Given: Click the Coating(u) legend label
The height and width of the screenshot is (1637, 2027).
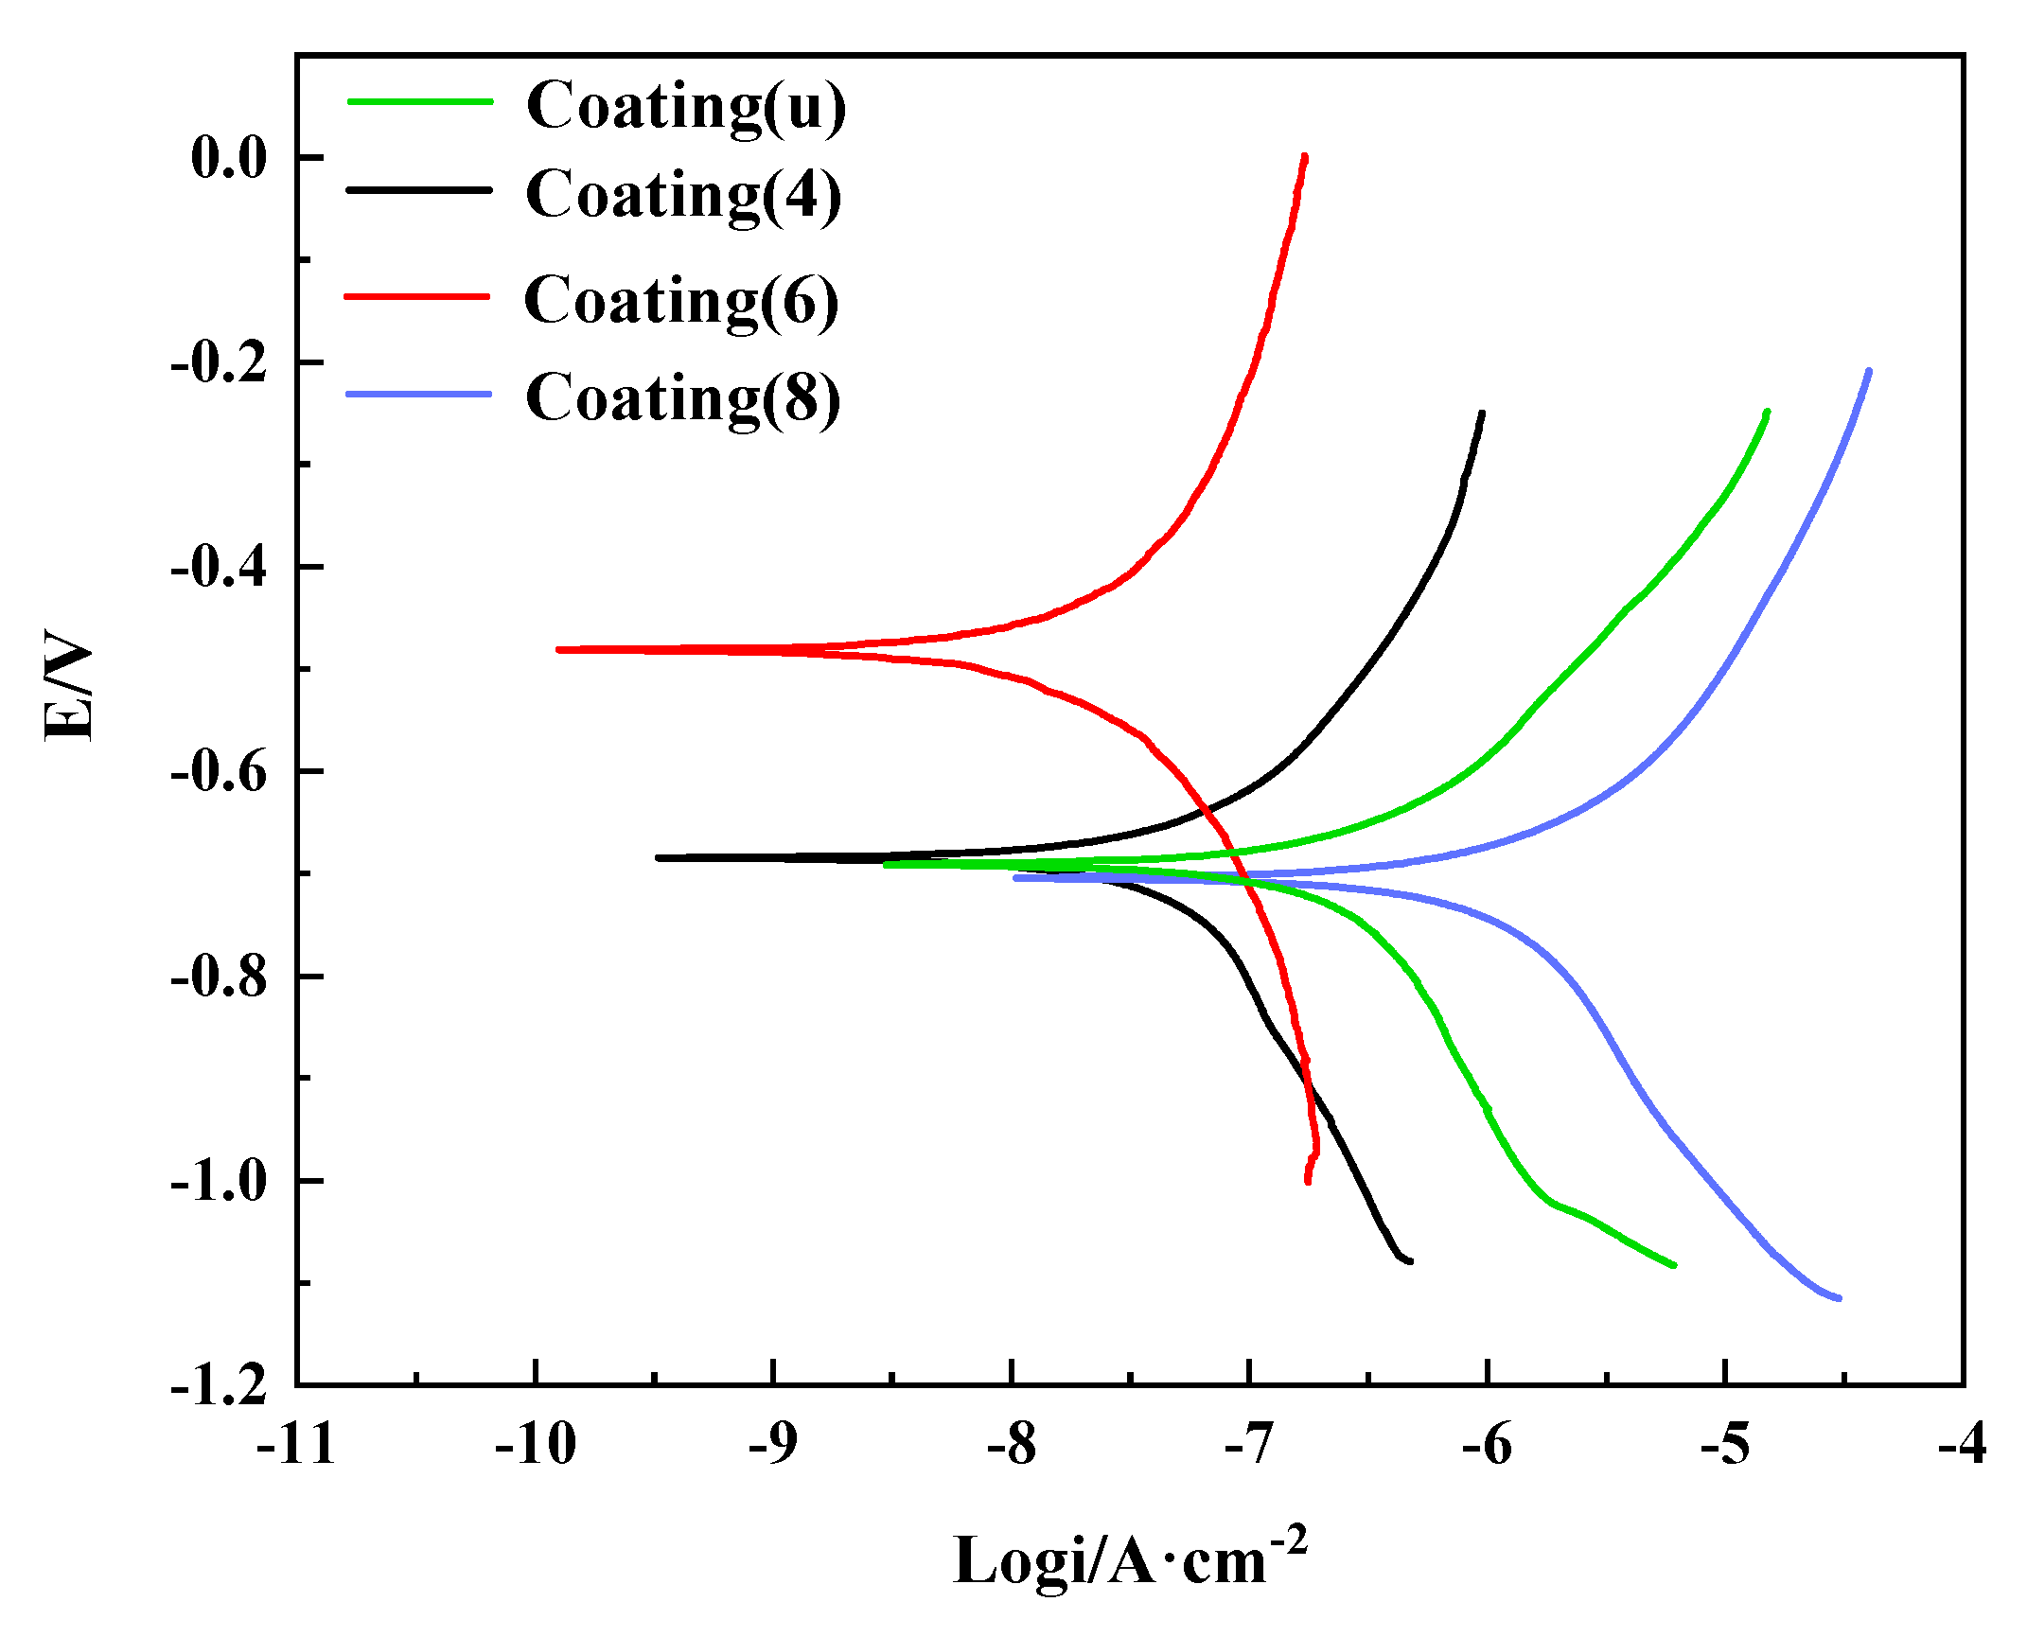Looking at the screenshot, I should pyautogui.click(x=686, y=106).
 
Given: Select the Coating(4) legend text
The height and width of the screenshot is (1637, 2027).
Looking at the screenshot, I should pyautogui.click(x=683, y=195).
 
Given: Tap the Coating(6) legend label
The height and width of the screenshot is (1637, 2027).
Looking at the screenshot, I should pyautogui.click(x=681, y=301).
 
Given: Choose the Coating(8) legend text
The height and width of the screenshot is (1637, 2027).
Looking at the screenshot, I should pyautogui.click(x=683, y=397).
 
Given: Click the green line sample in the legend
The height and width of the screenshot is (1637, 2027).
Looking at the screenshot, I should pyautogui.click(x=420, y=101).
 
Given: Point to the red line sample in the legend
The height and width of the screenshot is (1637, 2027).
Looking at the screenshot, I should pyautogui.click(x=417, y=296).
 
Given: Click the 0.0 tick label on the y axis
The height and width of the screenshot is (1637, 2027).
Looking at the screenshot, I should pyautogui.click(x=229, y=158).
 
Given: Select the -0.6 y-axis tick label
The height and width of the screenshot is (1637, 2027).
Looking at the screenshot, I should pyautogui.click(x=220, y=772).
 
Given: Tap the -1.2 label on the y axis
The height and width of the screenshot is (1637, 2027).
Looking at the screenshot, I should pyautogui.click(x=220, y=1387).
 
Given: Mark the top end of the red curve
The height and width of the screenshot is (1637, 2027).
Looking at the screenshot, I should pyautogui.click(x=1305, y=157).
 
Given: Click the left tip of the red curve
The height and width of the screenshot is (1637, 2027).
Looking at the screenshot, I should pyautogui.click(x=559, y=650).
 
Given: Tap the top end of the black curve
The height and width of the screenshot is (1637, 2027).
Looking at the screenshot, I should pyautogui.click(x=1482, y=414).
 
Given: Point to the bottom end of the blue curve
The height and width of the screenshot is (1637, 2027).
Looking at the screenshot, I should pyautogui.click(x=1839, y=1298).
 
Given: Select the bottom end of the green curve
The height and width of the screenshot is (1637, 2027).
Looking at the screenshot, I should pyautogui.click(x=1674, y=1265).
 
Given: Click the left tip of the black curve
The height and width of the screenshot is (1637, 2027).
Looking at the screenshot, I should pyautogui.click(x=659, y=858).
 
